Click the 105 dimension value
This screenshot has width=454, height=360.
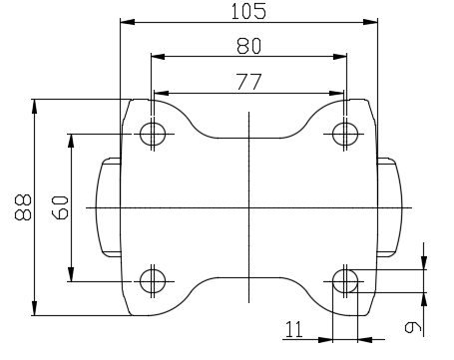pyautogui.click(x=248, y=11)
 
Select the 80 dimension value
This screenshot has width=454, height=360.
pyautogui.click(x=249, y=46)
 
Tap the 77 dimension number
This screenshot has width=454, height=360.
pyautogui.click(x=249, y=82)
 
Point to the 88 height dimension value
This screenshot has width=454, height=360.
pyautogui.click(x=23, y=207)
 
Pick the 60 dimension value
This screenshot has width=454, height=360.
pyautogui.click(x=60, y=207)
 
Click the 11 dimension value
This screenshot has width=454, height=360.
pyautogui.click(x=294, y=329)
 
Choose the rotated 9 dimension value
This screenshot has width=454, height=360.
pyautogui.click(x=413, y=327)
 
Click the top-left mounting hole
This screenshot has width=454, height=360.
pyautogui.click(x=153, y=134)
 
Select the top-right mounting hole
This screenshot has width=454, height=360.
pyautogui.click(x=345, y=134)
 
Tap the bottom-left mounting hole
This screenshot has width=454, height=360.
pyautogui.click(x=153, y=281)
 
